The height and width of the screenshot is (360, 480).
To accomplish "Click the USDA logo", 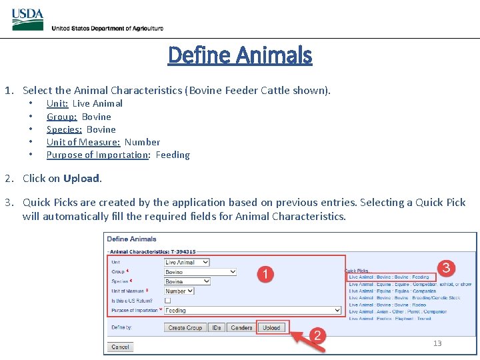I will (28, 19).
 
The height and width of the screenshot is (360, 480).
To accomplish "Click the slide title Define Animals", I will (240, 55).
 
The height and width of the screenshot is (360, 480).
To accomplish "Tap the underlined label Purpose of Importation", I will (97, 155).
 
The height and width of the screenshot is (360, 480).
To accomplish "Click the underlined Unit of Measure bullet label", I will (83, 142).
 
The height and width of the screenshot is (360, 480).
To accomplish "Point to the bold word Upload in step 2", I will (81, 178).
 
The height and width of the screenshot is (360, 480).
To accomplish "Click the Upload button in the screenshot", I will (271, 327).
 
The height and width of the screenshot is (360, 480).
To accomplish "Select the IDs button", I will (217, 327).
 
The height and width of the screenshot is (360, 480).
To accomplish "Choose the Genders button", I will (241, 327).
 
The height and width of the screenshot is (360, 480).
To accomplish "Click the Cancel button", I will (121, 347).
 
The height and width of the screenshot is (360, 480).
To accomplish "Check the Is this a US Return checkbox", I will (168, 301).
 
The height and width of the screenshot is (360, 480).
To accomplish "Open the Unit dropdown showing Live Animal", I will (187, 262).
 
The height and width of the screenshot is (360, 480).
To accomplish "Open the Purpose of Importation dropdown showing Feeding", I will (253, 310).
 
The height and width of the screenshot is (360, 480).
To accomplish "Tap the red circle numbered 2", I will (317, 335).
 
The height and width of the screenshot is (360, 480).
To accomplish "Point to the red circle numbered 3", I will (446, 269).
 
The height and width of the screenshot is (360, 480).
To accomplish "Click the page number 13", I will (437, 343).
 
